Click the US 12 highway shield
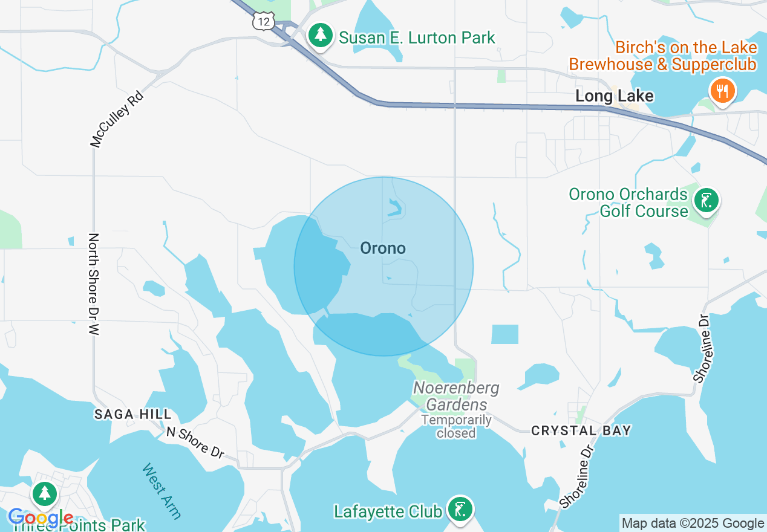263,21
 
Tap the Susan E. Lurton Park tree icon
321,36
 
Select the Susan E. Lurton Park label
417,37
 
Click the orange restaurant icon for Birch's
722,91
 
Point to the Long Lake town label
614,96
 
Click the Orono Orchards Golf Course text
628,203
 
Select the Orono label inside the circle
382,248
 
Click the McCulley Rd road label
117,119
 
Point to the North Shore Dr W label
93,284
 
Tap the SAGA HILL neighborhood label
133,414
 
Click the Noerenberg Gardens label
456,396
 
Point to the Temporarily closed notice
456,426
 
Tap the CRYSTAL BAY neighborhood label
581,430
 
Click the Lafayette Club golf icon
460,509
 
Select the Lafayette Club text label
388,511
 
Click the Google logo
41,517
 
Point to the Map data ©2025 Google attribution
693,524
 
